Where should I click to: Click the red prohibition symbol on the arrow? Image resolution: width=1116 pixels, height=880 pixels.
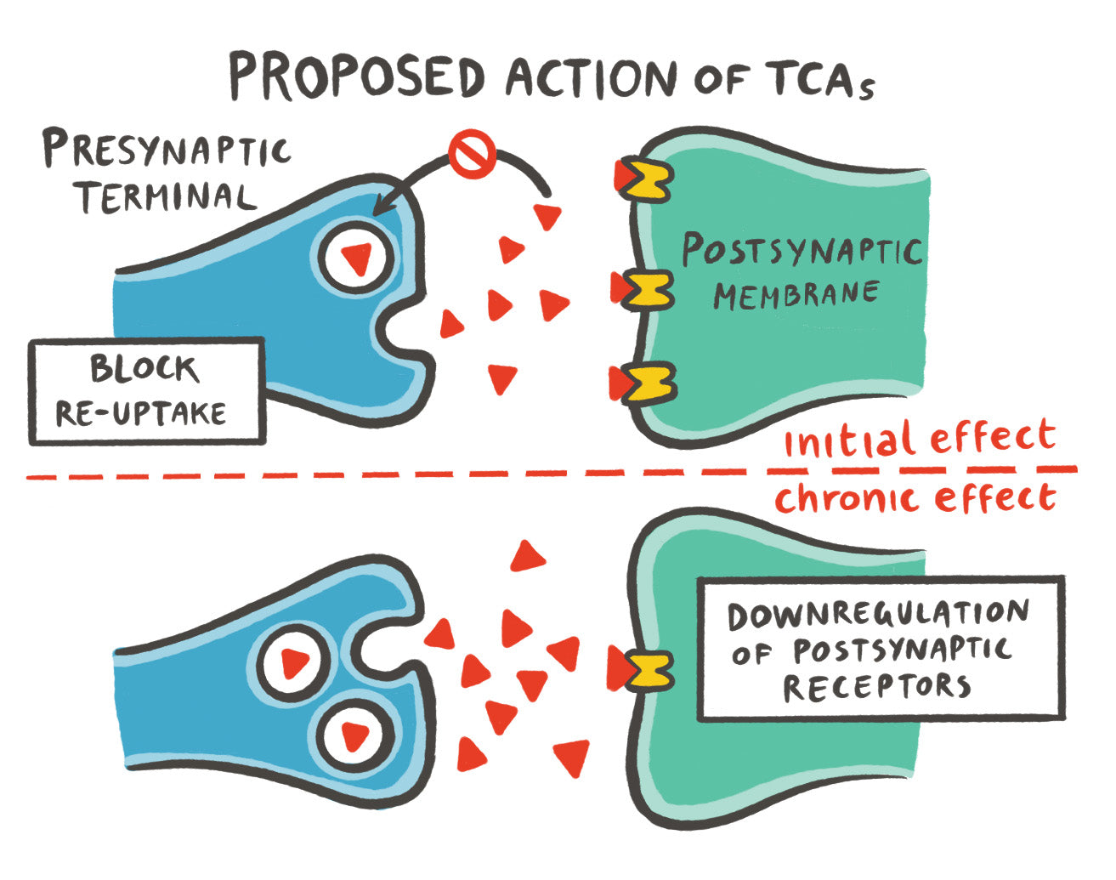(472, 156)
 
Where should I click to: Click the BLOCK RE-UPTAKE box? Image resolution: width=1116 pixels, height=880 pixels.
(145, 391)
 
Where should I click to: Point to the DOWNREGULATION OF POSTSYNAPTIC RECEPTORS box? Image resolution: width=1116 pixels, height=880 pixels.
(880, 649)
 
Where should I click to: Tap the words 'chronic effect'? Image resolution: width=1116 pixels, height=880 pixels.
(915, 498)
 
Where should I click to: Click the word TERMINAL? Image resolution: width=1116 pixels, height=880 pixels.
(165, 196)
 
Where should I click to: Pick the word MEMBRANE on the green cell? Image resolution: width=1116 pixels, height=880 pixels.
(796, 294)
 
